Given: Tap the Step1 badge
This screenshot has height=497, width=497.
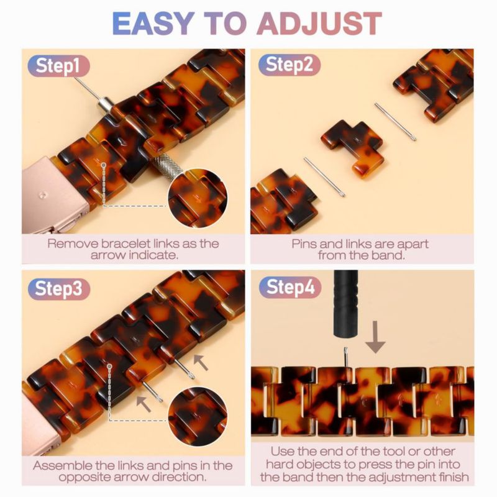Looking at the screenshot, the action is click(x=58, y=66).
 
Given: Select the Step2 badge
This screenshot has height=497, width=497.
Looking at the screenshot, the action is click(x=289, y=65).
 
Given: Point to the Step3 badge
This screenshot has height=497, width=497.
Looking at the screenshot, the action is click(x=59, y=289).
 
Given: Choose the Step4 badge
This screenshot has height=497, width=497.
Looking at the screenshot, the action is click(x=290, y=287).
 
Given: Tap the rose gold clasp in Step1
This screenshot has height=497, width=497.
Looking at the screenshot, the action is click(x=54, y=195).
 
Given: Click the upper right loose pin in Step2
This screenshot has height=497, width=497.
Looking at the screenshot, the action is click(x=395, y=121).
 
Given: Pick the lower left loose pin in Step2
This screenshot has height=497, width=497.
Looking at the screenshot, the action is click(x=324, y=177).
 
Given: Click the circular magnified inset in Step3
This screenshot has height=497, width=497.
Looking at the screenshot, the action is click(x=197, y=416).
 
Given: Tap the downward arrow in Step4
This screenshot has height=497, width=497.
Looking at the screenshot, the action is click(x=376, y=337).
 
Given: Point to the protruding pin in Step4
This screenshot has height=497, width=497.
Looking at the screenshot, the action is click(x=346, y=357).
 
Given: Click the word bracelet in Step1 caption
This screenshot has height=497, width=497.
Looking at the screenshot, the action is click(x=126, y=244).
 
